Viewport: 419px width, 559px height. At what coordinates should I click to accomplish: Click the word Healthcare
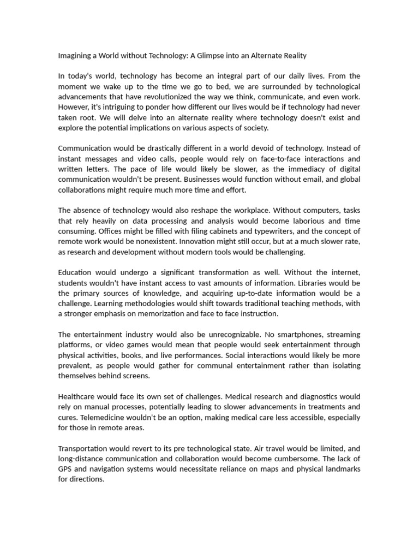pyautogui.click(x=77, y=397)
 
